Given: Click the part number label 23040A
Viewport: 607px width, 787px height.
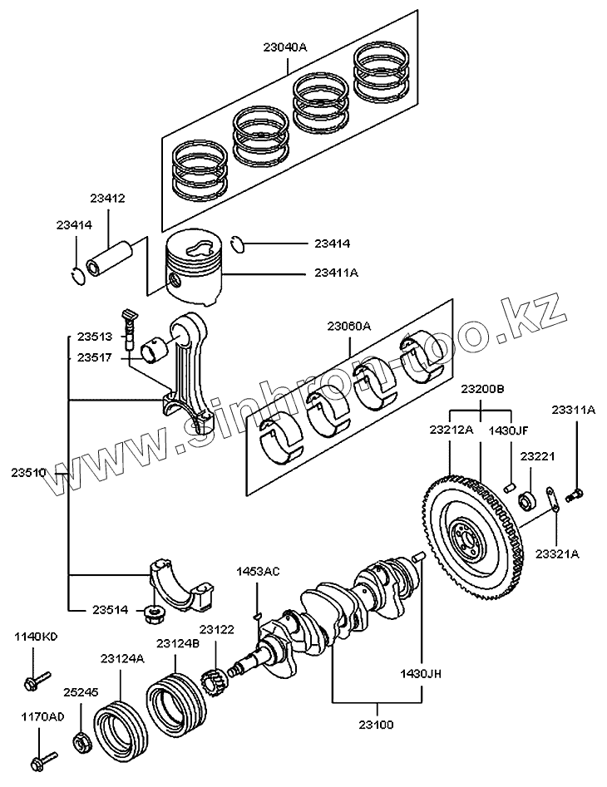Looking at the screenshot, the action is (x=284, y=47).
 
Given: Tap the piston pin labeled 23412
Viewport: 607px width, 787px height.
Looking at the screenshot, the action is (x=110, y=258).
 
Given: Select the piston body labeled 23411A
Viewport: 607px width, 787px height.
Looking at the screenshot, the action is (x=193, y=268).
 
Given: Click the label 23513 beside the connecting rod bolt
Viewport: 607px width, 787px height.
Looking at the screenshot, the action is (x=95, y=337).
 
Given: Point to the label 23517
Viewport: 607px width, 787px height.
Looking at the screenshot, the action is (x=95, y=358).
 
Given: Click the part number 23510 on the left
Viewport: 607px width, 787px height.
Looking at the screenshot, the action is (x=28, y=473).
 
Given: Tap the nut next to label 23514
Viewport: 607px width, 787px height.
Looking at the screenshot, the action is (x=154, y=613).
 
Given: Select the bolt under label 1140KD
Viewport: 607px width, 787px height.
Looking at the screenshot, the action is (x=37, y=680).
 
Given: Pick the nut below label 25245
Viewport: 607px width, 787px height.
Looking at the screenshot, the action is (x=81, y=742).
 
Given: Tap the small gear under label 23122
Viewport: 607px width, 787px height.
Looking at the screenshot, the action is (x=214, y=682).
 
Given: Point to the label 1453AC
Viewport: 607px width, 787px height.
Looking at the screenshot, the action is (x=258, y=572).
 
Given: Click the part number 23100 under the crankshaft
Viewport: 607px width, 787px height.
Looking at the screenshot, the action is (x=376, y=725).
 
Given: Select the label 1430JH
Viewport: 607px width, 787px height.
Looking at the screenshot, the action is (x=421, y=674).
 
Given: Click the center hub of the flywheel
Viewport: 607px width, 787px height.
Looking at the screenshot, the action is (x=466, y=539).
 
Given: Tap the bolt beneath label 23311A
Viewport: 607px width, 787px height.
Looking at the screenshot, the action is (x=575, y=496).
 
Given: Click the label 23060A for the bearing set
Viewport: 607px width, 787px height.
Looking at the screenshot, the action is (x=349, y=327).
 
